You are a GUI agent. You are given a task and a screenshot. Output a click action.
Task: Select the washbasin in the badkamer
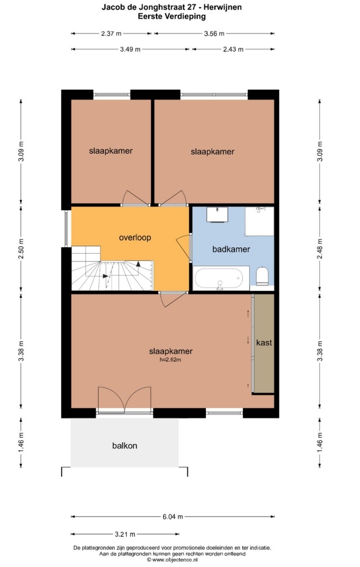coord(217,215)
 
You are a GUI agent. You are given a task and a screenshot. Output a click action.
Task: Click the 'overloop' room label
coord(135,238)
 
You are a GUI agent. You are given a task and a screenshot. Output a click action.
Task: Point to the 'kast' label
coord(264,342)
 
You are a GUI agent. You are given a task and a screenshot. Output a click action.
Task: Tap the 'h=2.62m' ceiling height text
coord(170,360)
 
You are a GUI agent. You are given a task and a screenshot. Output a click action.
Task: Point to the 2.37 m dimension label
coord(111,34)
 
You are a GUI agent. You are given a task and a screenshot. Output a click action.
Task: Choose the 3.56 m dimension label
coord(214,34)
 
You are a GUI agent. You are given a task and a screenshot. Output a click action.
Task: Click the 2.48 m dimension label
coord(320,249)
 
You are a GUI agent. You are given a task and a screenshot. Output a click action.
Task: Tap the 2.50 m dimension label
coord(21,249)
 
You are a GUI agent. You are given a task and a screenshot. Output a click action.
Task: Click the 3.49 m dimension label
coord(130,49)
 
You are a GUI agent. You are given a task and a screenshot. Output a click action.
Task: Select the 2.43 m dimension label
coord(233,49)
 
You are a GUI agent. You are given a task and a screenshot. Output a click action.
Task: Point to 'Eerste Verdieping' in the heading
coord(172,17)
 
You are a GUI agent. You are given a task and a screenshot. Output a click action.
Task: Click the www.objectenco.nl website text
coord(175,560)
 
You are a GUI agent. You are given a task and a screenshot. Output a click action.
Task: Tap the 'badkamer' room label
coord(231,249)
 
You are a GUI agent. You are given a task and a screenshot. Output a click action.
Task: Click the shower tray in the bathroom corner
coord(260,222)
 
